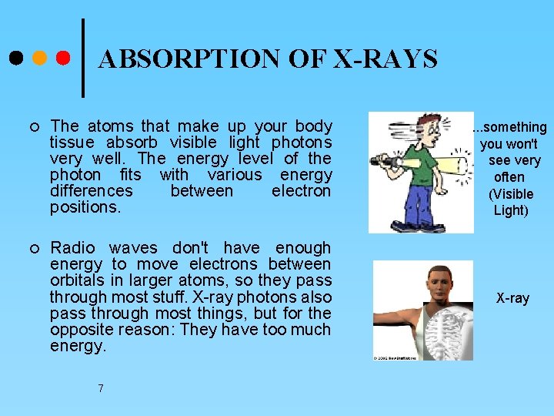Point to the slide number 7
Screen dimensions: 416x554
pyautogui.click(x=101, y=388)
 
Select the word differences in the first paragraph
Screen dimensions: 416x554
pyautogui.click(x=91, y=191)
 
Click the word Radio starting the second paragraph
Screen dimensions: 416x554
pyautogui.click(x=72, y=248)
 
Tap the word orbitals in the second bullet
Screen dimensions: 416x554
pyautogui.click(x=77, y=280)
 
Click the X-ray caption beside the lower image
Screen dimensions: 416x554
pyautogui.click(x=512, y=298)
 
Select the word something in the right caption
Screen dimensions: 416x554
pyautogui.click(x=512, y=127)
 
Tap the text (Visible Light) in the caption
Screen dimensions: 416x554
pyautogui.click(x=511, y=202)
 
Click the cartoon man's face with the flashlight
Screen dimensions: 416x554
pyautogui.click(x=426, y=132)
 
